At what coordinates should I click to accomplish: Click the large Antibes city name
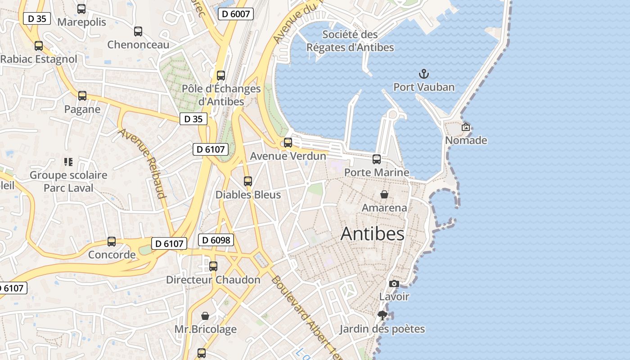pyautogui.click(x=372, y=234)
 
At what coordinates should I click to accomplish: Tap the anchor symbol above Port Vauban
pyautogui.click(x=423, y=73)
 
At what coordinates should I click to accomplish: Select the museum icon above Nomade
pyautogui.click(x=466, y=127)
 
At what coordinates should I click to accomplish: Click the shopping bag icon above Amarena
pyautogui.click(x=384, y=194)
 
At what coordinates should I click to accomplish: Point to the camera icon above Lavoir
pyautogui.click(x=394, y=283)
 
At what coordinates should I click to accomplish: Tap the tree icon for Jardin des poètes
pyautogui.click(x=382, y=315)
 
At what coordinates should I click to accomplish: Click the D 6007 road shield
pyautogui.click(x=236, y=14)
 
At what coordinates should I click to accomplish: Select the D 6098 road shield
pyautogui.click(x=216, y=240)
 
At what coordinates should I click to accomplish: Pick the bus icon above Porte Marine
pyautogui.click(x=377, y=159)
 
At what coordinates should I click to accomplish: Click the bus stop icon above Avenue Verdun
pyautogui.click(x=288, y=143)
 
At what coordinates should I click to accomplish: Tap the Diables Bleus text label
pyautogui.click(x=248, y=195)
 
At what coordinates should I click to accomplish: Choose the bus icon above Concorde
pyautogui.click(x=112, y=242)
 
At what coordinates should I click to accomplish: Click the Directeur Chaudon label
pyautogui.click(x=213, y=280)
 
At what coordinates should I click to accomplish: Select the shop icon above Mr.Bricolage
pyautogui.click(x=205, y=316)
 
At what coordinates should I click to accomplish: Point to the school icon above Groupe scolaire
pyautogui.click(x=68, y=162)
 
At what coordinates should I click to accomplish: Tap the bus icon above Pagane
pyautogui.click(x=82, y=96)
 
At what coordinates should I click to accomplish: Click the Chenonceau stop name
pyautogui.click(x=138, y=45)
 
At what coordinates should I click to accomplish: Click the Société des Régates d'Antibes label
pyautogui.click(x=350, y=40)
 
